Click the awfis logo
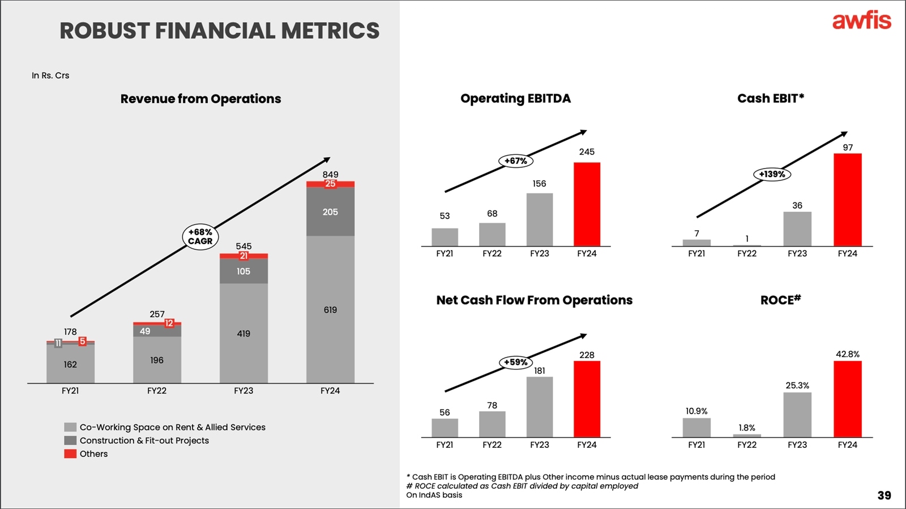tap(861, 21)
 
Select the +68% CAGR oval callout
tap(200, 236)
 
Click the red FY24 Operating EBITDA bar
tap(587, 204)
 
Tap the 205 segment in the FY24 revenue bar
tap(330, 212)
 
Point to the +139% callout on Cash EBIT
tap(772, 174)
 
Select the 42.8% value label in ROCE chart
tap(847, 354)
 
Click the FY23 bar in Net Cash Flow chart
tap(539, 407)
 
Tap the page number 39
tap(884, 495)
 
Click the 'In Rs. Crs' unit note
tap(50, 75)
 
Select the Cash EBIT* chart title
tap(770, 98)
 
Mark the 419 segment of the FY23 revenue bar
tap(243, 334)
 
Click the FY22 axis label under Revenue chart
tap(157, 391)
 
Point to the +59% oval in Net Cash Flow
tap(516, 362)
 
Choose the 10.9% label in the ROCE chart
tap(696, 411)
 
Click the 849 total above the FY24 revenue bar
tap(330, 174)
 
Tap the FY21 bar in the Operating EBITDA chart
tap(445, 237)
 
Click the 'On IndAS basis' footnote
tap(434, 495)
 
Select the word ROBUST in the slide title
tap(105, 31)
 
